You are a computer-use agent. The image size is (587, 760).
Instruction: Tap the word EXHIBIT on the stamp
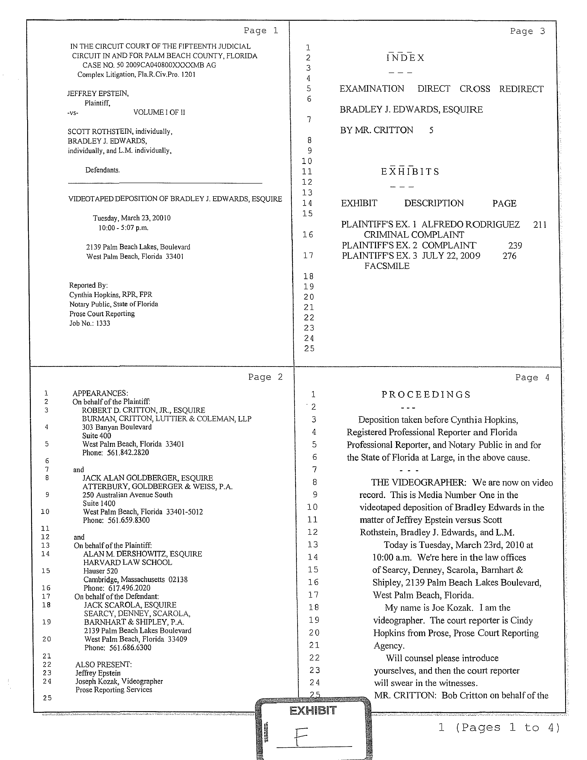point(313,710)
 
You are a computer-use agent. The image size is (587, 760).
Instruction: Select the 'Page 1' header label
point(261,31)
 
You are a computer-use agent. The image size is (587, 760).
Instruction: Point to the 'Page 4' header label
point(532,377)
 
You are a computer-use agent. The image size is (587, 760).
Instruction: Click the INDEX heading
point(405,58)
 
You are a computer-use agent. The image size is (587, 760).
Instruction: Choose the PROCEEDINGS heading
point(426,395)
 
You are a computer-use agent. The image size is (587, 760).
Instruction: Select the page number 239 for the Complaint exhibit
point(515,246)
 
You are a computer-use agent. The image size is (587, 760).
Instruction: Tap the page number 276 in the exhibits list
point(509,256)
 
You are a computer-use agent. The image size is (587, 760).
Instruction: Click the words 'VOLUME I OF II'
point(159,112)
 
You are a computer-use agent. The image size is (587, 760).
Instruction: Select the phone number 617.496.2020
point(129,588)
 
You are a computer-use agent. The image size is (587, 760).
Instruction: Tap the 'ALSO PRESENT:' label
point(103,665)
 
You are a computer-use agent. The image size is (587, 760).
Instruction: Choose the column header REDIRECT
point(521,89)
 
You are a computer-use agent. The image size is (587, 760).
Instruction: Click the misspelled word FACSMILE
point(387,266)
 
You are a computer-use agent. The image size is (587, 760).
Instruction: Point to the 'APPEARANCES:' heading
point(100,393)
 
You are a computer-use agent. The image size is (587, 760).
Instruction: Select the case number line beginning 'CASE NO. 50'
point(149,65)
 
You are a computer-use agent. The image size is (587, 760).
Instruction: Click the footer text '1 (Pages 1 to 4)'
point(499,727)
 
